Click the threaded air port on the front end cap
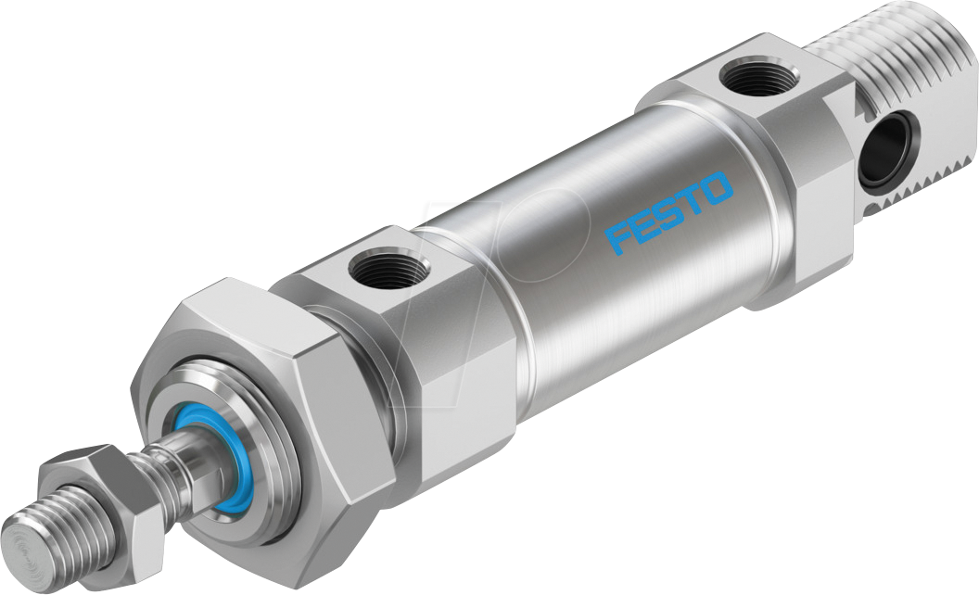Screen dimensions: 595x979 pos(388,271)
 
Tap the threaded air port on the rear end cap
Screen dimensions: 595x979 pos(759,76)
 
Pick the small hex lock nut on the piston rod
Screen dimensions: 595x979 pos(93,501)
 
